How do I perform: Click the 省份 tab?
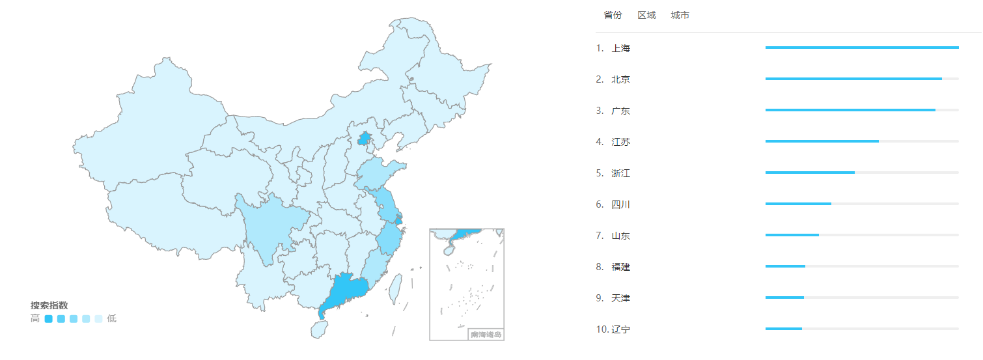coord(613,15)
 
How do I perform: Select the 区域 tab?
coord(646,15)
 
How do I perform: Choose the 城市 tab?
coord(680,15)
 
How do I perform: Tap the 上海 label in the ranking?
coord(620,48)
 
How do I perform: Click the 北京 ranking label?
coord(620,79)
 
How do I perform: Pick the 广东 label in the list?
coord(620,111)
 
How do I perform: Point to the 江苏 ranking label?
coord(620,142)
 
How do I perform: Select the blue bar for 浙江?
coord(810,173)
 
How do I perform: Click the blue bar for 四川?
coord(798,204)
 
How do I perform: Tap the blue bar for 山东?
coord(792,235)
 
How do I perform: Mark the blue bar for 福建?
coord(785,266)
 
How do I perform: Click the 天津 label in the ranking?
coord(620,298)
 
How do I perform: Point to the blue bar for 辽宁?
coord(783,329)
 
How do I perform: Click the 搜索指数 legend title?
coord(49,305)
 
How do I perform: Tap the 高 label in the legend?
coord(35,319)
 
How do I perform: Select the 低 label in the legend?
coord(112,319)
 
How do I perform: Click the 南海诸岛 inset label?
coord(486,335)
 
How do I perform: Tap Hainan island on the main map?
coord(319,329)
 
